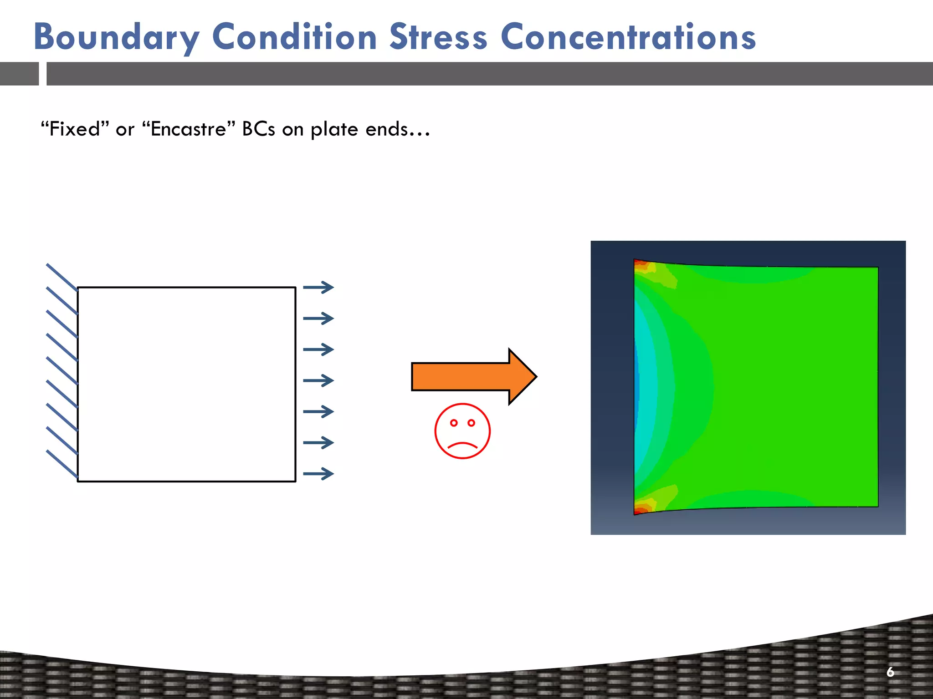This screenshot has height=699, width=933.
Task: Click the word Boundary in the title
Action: tap(116, 37)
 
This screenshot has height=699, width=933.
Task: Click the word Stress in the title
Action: tap(438, 37)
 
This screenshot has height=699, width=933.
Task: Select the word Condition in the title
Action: tap(294, 37)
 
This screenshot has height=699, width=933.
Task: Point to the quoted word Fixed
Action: tap(75, 129)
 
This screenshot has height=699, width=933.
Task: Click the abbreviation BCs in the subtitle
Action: tap(258, 129)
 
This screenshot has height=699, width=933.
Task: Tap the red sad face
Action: tap(462, 431)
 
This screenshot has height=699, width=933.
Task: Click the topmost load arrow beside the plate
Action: tap(318, 287)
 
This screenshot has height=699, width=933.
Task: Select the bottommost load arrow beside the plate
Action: tap(318, 474)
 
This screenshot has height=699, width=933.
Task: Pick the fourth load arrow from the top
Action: tap(318, 380)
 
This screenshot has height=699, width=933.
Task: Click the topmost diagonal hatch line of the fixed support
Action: tap(62, 277)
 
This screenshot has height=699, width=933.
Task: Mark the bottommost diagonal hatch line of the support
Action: tap(62, 464)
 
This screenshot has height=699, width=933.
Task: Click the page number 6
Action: tap(890, 672)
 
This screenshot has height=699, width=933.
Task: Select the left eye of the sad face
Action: tap(454, 423)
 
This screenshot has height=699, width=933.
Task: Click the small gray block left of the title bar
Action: tap(19, 74)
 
